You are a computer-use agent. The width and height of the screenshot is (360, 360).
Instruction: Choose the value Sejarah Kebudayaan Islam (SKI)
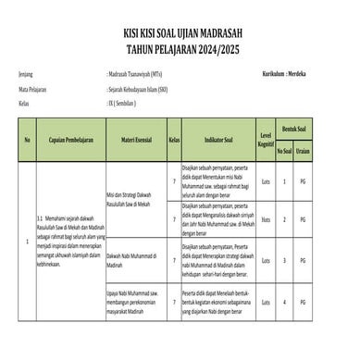142,89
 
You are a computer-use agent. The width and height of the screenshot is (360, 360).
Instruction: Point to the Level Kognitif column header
267,143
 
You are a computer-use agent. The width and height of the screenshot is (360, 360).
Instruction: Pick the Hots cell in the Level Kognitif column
267,219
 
